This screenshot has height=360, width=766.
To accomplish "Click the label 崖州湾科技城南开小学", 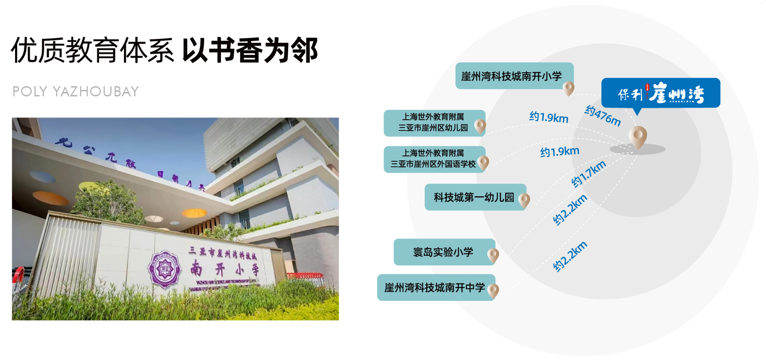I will click(511, 76).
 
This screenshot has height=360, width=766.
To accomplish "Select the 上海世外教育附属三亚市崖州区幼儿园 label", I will click(433, 123).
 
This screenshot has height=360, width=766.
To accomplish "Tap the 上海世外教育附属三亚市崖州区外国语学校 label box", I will click(433, 159).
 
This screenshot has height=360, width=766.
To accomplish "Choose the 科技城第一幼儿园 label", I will click(473, 197).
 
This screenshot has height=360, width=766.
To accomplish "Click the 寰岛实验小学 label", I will click(443, 252).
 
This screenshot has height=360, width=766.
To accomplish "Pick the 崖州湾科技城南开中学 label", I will click(434, 288).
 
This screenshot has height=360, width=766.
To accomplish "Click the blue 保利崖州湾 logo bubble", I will click(660, 93).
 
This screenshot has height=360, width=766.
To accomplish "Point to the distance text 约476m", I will click(602, 116).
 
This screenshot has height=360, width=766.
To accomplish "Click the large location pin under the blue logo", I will click(638, 137).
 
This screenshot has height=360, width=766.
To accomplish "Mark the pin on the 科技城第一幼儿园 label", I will click(524, 200).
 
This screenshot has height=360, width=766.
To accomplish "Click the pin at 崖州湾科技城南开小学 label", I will click(569, 88).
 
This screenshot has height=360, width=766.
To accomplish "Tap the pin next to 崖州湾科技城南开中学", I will click(493, 290).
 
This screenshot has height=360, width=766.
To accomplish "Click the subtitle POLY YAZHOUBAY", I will click(76, 92).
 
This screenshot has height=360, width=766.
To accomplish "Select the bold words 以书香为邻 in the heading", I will click(250, 50).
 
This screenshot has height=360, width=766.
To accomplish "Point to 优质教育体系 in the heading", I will click(92, 50).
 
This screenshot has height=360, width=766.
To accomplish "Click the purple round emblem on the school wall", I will click(164, 269).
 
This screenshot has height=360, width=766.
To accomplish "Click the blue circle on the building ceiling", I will click(42, 177).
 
